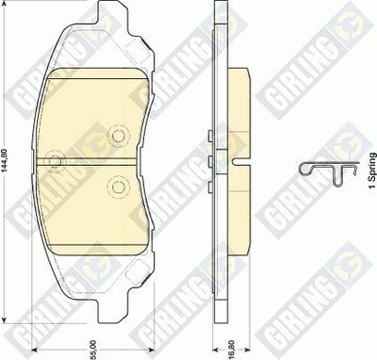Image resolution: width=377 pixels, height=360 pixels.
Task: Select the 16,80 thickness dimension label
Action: point(232,350)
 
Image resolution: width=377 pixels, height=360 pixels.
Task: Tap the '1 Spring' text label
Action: point(372,171)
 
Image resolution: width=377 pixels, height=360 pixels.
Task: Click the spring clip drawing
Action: point(328,172)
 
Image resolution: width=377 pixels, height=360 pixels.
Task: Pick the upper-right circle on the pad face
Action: point(118,136)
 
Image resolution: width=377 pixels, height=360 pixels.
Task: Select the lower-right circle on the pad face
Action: point(118,188)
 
